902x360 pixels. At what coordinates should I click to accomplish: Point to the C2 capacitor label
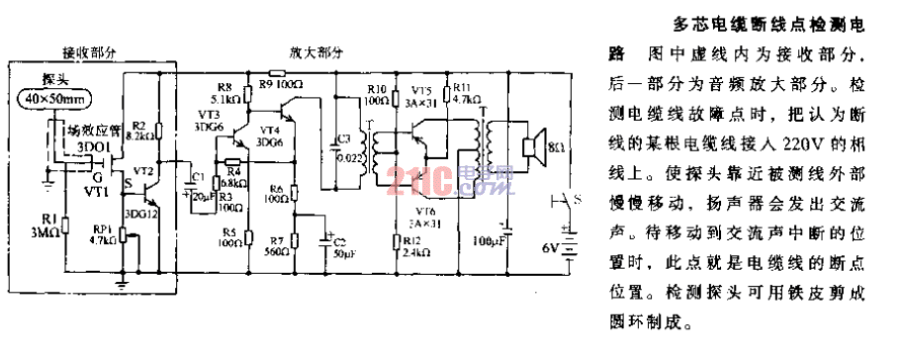click(x=341, y=240)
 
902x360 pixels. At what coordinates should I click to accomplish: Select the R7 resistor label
click(x=277, y=239)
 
